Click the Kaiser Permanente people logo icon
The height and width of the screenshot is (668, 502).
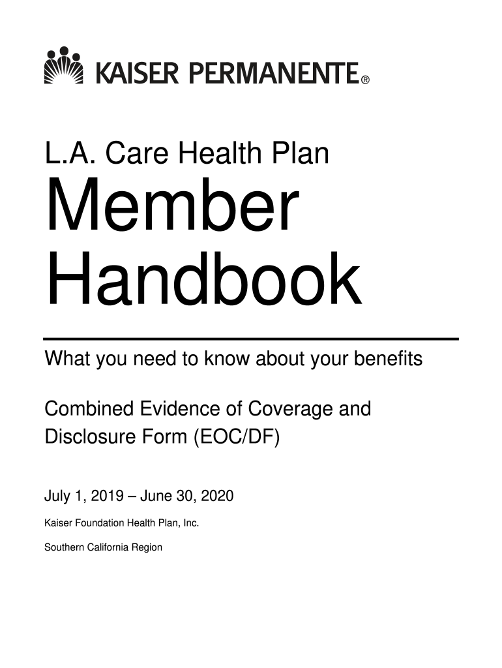click(63, 65)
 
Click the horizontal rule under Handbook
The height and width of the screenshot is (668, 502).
click(251, 339)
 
